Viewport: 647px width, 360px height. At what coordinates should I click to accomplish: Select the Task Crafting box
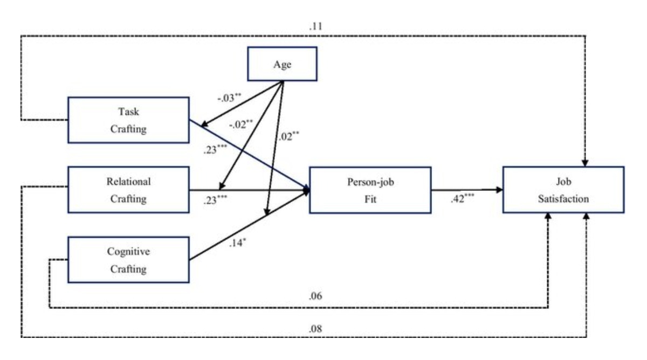pyautogui.click(x=128, y=119)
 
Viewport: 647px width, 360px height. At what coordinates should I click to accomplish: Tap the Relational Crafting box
pyautogui.click(x=128, y=189)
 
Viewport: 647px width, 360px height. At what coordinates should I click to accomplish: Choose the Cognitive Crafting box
pyautogui.click(x=128, y=259)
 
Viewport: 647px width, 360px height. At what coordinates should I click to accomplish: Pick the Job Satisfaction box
pyautogui.click(x=563, y=190)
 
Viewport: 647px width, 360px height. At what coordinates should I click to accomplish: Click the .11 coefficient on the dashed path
pyautogui.click(x=308, y=25)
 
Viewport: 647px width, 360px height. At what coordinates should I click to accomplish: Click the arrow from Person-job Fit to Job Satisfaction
pyautogui.click(x=466, y=189)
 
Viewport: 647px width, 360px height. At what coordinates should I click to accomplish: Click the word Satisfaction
pyautogui.click(x=563, y=199)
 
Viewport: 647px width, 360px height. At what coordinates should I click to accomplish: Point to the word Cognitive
pyautogui.click(x=128, y=252)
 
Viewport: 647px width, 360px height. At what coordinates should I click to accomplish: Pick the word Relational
pyautogui.click(x=128, y=182)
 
